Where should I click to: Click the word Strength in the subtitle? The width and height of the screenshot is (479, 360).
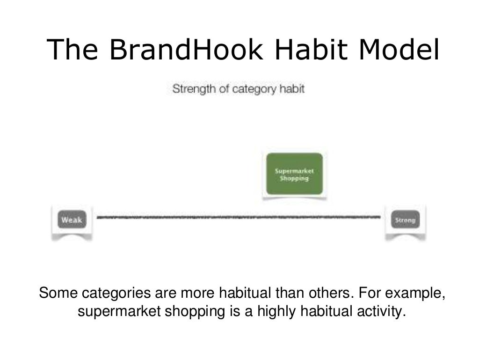tap(190, 88)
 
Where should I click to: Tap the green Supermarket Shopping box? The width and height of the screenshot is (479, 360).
tap(294, 174)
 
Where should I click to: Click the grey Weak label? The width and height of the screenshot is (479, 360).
tap(72, 220)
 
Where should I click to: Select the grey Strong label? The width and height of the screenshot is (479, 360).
tap(406, 220)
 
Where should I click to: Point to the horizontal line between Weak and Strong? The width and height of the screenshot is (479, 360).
tap(239, 217)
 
